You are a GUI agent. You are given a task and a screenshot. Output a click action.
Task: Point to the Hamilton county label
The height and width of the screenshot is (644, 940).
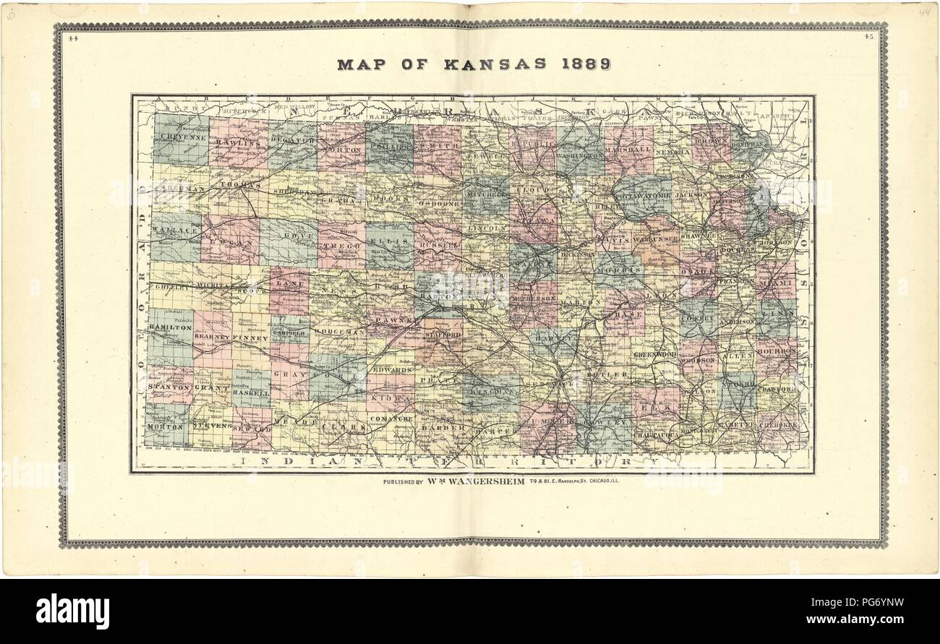pos(170,327)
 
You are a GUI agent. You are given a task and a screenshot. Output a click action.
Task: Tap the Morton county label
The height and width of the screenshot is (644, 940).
pos(165,426)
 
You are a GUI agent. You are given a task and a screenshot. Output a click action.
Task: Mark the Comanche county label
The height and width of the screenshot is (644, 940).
pos(391,418)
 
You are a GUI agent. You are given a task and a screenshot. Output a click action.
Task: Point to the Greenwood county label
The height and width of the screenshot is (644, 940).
pos(655,355)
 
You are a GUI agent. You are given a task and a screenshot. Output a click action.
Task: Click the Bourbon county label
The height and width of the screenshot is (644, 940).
pos(776,351)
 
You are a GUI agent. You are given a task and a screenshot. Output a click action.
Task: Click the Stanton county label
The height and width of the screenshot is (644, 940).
pos(168,387)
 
